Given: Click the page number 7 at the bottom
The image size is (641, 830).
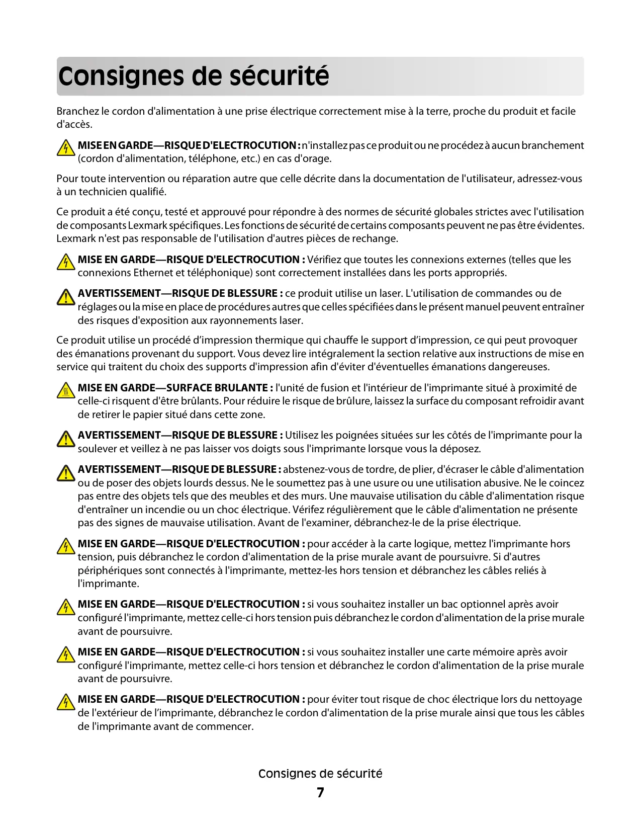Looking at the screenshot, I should [x=320, y=793].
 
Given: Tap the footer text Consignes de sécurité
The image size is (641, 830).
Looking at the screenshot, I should [x=320, y=774].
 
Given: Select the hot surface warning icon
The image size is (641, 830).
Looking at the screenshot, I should [x=65, y=390].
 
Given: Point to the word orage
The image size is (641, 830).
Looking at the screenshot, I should [x=318, y=159].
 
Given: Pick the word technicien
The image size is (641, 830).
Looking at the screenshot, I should [x=103, y=192].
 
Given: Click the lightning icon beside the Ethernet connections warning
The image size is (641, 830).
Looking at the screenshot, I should [x=65, y=262].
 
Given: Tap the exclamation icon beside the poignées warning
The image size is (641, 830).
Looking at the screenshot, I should [x=65, y=439].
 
